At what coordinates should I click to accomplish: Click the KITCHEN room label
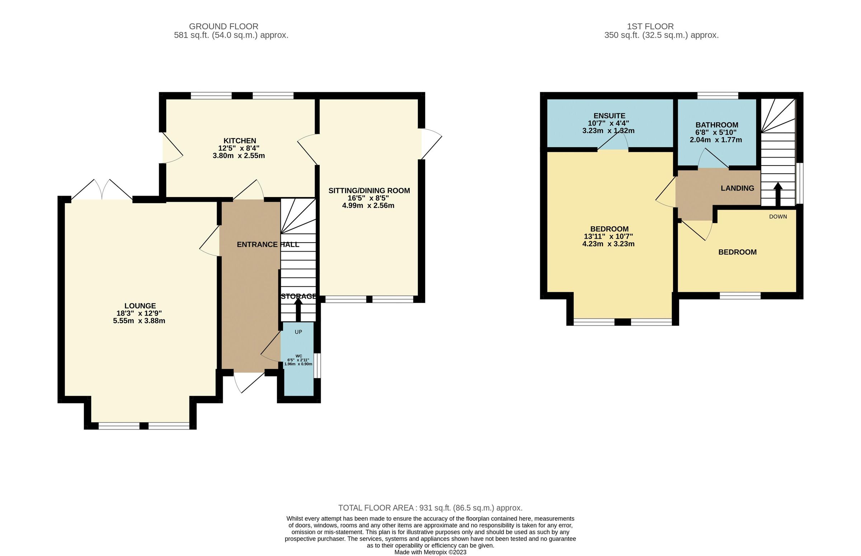[240, 141]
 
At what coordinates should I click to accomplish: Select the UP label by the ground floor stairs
[298, 332]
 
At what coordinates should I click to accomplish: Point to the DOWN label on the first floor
[778, 217]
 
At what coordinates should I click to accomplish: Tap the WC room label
[298, 356]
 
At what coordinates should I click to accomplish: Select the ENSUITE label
[609, 116]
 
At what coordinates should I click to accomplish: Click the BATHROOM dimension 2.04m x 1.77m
[716, 140]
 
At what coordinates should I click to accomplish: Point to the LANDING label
[737, 188]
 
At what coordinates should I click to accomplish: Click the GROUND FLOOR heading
[224, 26]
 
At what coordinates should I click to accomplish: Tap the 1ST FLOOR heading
[650, 26]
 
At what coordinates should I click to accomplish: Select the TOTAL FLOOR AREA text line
[430, 508]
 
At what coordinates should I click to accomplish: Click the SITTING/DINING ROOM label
[369, 191]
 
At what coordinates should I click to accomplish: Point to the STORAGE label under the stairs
[298, 296]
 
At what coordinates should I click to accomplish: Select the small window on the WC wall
[316, 365]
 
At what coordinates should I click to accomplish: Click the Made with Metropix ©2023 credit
[430, 552]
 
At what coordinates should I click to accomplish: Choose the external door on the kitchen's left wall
[171, 148]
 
